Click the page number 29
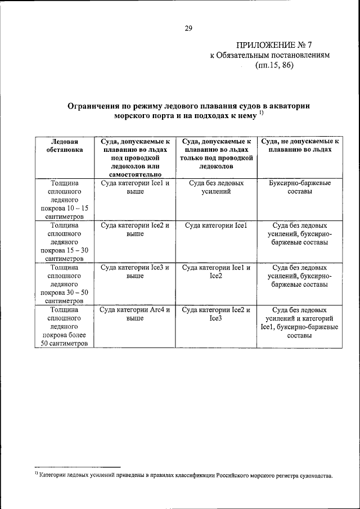(x=188, y=28)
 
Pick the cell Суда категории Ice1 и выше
(x=135, y=187)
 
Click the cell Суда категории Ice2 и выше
(x=135, y=229)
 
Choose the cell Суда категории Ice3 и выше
(x=135, y=272)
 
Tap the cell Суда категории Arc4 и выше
(x=135, y=314)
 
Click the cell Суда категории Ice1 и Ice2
(x=217, y=272)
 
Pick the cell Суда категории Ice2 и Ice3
(x=217, y=314)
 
